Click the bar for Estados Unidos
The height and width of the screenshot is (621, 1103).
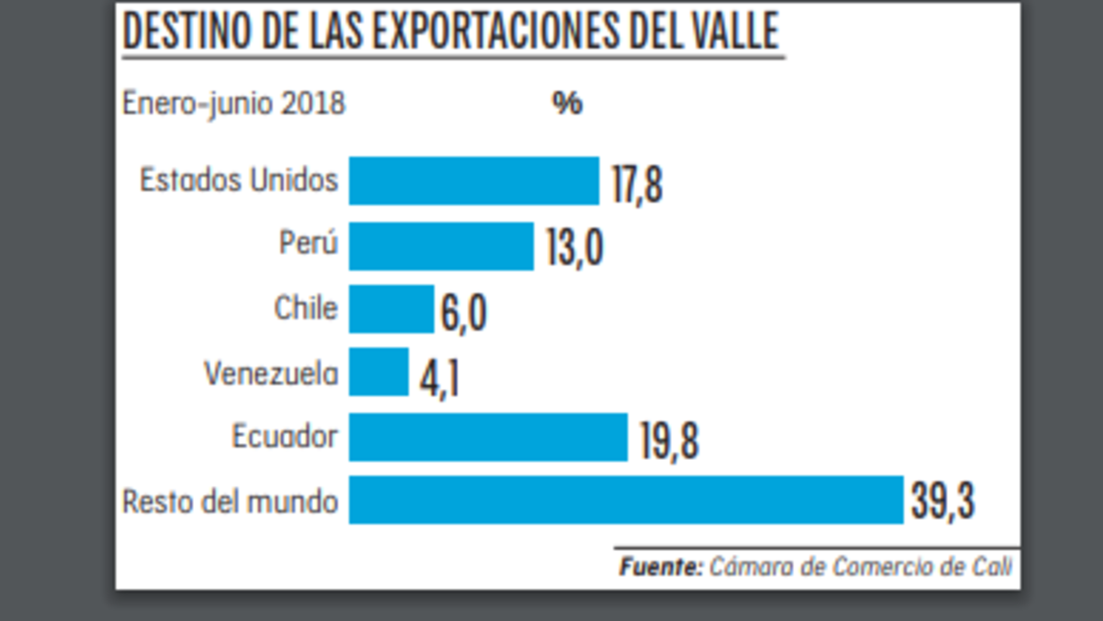pos(473,181)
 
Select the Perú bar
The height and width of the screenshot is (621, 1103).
pos(441,246)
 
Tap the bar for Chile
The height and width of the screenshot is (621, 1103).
pos(391,309)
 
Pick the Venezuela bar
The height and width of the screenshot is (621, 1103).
pos(379,372)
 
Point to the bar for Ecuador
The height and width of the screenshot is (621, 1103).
pos(487,437)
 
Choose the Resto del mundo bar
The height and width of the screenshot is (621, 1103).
pos(625,500)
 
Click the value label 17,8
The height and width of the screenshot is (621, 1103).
pos(636,185)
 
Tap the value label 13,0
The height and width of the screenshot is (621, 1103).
pos(574,249)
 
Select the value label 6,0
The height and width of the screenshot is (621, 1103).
pos(462,314)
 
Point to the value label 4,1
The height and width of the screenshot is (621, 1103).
pos(438,378)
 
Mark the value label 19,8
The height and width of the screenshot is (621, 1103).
pos(664,441)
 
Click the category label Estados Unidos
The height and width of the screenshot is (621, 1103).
pos(239,180)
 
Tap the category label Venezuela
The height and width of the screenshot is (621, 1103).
pos(271,374)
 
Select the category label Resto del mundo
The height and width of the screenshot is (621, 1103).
pos(230,502)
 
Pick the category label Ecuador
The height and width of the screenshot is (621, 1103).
pos(284,436)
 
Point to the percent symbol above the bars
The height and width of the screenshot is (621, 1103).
pos(567,103)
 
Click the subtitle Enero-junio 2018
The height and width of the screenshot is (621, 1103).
pos(233,104)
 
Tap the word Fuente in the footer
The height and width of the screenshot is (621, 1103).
pos(659,567)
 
